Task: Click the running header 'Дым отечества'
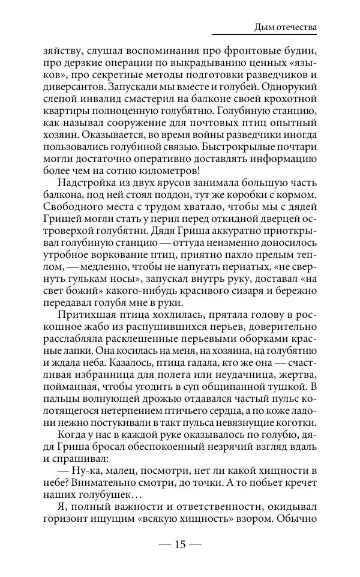click(286, 27)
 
